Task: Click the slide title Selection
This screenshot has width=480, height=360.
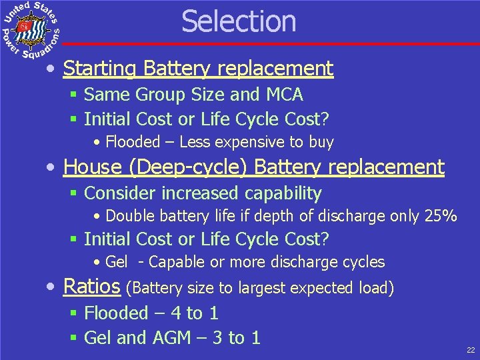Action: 239,21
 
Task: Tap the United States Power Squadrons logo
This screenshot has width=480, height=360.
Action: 31,29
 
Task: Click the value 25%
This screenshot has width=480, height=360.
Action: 441,216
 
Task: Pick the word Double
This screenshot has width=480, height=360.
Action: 129,216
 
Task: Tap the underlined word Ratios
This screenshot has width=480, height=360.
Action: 91,287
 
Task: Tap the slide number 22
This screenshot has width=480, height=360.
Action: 471,349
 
